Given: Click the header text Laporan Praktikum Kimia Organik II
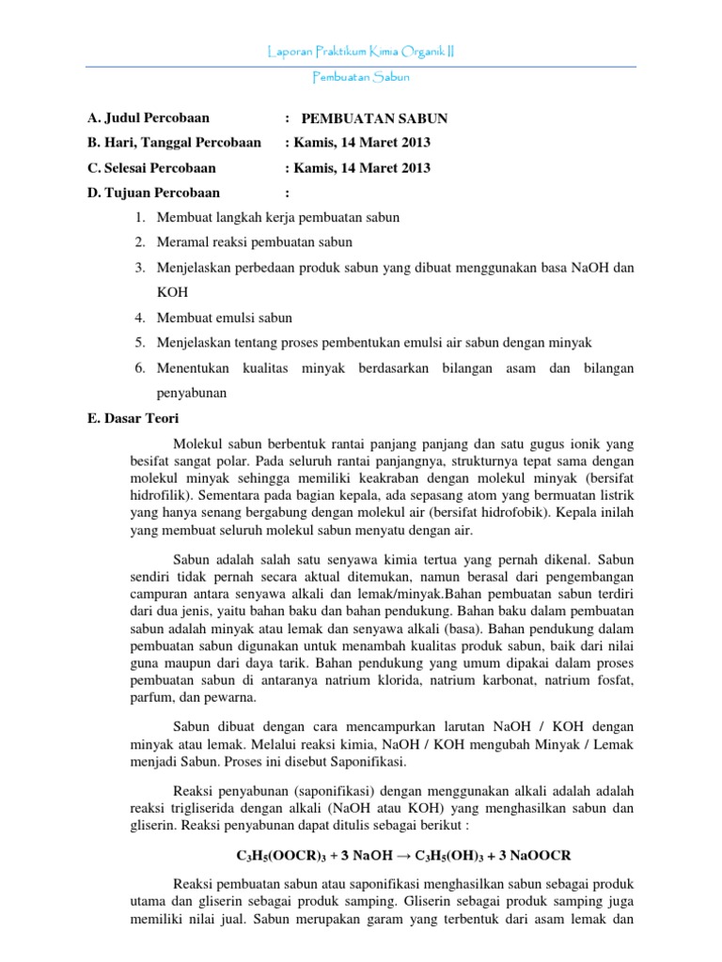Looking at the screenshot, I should click(360, 52).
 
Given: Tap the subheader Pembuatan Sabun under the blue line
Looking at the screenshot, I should click(360, 79).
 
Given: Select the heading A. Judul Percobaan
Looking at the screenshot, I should click(148, 118).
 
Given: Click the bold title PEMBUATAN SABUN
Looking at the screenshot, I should click(374, 118).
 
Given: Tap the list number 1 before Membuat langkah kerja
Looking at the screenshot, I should click(138, 218).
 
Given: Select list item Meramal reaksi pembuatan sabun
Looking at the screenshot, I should click(254, 242).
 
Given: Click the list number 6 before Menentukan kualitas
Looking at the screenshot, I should click(138, 365).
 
